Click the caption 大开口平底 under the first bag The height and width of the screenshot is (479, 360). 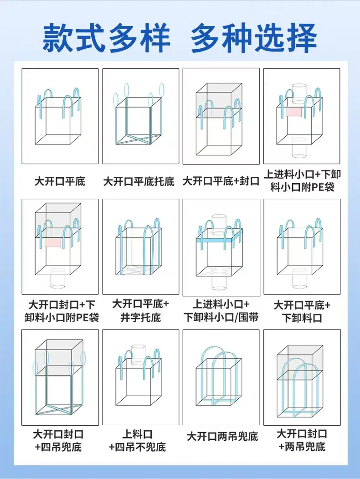click(60, 181)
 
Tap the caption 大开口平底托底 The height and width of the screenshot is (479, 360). click(139, 181)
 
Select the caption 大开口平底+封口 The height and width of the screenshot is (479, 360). click(221, 181)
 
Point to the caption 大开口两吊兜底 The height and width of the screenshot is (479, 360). click(222, 436)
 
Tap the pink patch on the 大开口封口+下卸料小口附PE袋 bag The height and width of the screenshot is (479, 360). click(53, 243)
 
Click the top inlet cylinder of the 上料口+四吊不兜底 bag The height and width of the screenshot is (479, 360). click(139, 355)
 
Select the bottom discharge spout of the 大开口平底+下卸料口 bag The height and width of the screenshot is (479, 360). click(299, 278)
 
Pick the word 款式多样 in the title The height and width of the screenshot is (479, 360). click(106, 38)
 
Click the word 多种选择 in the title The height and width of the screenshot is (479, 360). click(254, 38)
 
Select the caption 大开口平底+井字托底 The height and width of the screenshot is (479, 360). click(140, 311)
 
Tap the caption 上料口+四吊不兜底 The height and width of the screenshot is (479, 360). click(138, 441)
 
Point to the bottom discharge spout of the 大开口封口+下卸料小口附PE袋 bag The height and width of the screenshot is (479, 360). click(58, 278)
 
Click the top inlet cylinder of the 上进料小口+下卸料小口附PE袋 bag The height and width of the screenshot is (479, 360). click(299, 93)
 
